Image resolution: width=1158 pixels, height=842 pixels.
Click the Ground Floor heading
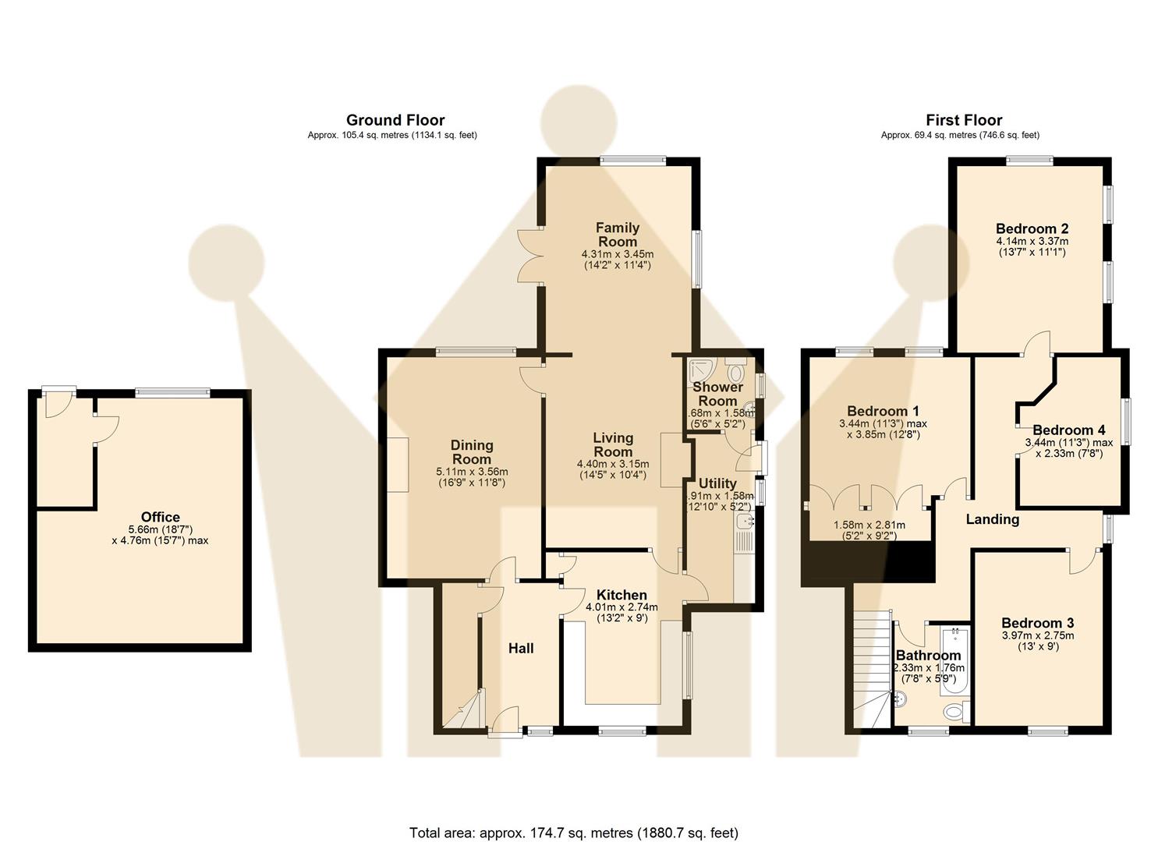click(x=395, y=120)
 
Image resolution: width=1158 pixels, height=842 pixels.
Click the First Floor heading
click(x=963, y=120)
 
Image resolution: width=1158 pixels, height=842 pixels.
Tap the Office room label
click(x=160, y=517)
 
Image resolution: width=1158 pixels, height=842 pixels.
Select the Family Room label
click(x=617, y=235)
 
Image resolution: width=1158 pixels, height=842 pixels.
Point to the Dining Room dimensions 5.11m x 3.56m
click(x=472, y=472)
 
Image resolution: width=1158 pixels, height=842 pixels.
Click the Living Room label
click(x=613, y=444)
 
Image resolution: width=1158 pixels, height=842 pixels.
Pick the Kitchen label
click(x=621, y=595)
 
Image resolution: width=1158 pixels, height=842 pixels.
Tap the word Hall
click(x=521, y=648)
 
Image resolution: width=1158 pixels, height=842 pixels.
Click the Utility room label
click(x=717, y=483)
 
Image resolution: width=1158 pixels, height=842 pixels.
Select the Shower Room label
click(x=717, y=394)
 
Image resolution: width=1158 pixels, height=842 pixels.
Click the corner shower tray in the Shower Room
click(x=701, y=370)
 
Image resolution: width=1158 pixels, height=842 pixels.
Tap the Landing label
click(x=992, y=519)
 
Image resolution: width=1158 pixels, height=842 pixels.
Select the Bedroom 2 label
click(x=1032, y=228)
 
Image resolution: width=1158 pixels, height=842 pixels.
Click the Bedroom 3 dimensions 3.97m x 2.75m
click(x=1038, y=635)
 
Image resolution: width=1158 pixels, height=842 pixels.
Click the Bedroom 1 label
click(x=883, y=411)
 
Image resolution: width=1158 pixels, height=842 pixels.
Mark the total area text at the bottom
click(x=573, y=833)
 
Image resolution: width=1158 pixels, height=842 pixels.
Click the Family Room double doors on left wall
click(x=531, y=256)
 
